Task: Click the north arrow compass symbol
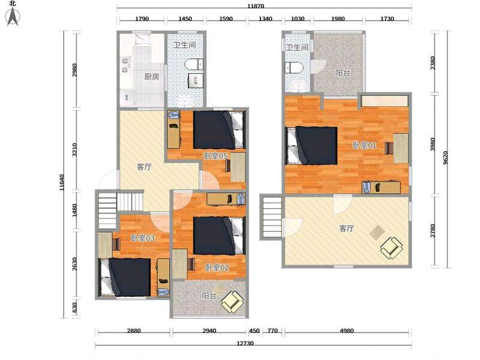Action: point(13,17)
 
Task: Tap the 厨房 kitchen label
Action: point(152,77)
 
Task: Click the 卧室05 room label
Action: point(216,156)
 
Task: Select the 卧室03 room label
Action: point(143,238)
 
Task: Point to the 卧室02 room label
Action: point(217,268)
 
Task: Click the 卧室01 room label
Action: point(365,145)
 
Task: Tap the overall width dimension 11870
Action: point(256,6)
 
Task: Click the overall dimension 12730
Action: point(245,343)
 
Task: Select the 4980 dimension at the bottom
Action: point(347,331)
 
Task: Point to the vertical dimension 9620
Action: point(445,158)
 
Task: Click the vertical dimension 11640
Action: point(62,183)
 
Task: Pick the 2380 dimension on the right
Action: point(433,63)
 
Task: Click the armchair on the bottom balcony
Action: point(233,302)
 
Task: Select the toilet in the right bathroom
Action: point(294,68)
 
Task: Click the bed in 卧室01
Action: point(311,146)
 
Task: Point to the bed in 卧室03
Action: point(125,277)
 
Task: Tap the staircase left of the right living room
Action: point(271,217)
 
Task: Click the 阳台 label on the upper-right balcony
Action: point(343,73)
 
